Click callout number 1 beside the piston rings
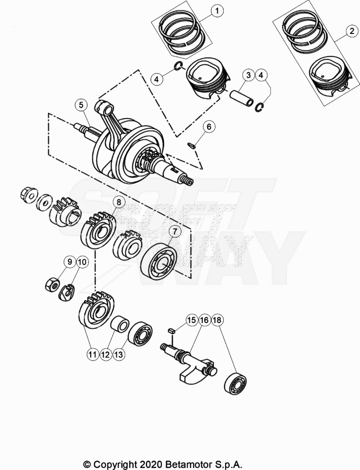pyautogui.click(x=217, y=11)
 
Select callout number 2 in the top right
pyautogui.click(x=352, y=31)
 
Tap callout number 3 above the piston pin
pyautogui.click(x=248, y=75)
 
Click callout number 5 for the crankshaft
pyautogui.click(x=81, y=105)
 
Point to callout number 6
pyautogui.click(x=209, y=127)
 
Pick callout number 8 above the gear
pyautogui.click(x=119, y=202)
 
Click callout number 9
pyautogui.click(x=70, y=262)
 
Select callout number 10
pyautogui.click(x=83, y=262)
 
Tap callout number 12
pyautogui.click(x=106, y=355)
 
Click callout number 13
pyautogui.click(x=119, y=355)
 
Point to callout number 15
pyautogui.click(x=192, y=320)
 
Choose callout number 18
pyautogui.click(x=217, y=320)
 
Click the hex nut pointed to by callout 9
pyautogui.click(x=52, y=285)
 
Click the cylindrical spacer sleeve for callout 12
pyautogui.click(x=120, y=324)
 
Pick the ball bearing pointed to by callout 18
pyautogui.click(x=235, y=384)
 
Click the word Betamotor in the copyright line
pyautogui.click(x=189, y=464)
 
